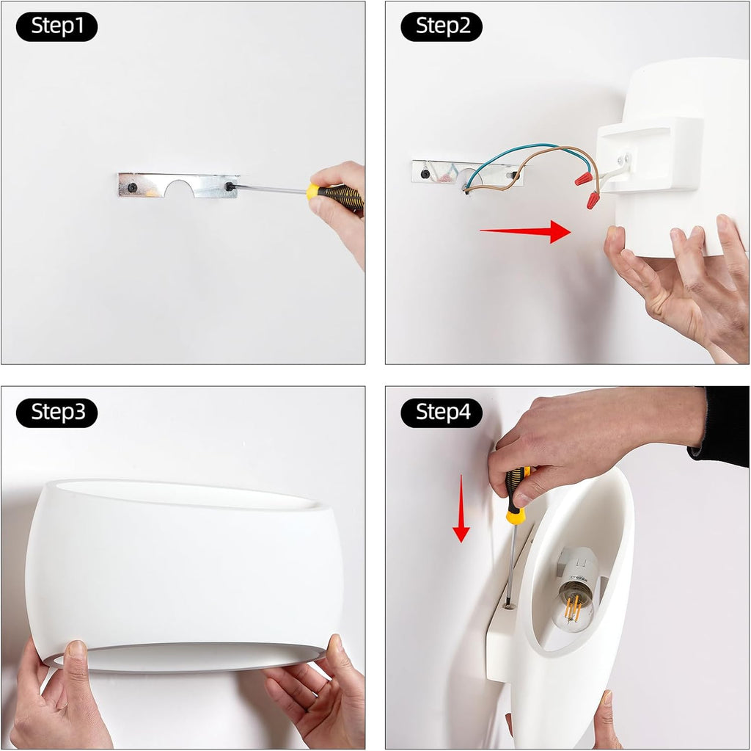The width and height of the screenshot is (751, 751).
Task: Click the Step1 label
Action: pyautogui.click(x=57, y=26)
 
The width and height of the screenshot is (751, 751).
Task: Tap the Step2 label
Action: pyautogui.click(x=442, y=26)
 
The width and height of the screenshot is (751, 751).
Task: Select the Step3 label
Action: pyautogui.click(x=57, y=413)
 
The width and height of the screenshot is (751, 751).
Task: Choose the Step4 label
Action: pyautogui.click(x=442, y=413)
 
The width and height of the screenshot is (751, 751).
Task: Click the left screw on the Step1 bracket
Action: pyautogui.click(x=132, y=187)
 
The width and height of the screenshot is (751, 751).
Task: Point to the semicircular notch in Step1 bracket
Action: pyautogui.click(x=180, y=189)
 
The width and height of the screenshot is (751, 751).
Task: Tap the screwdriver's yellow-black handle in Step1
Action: pyautogui.click(x=334, y=196)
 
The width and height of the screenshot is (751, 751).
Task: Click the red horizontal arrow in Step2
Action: pyautogui.click(x=525, y=232)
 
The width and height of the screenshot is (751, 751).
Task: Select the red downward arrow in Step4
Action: pyautogui.click(x=461, y=508)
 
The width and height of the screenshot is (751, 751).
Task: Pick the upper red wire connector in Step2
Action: pyautogui.click(x=583, y=179)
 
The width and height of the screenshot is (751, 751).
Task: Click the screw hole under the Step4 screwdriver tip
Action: pyautogui.click(x=509, y=606)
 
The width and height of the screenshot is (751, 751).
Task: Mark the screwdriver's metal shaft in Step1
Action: pyautogui.click(x=271, y=189)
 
